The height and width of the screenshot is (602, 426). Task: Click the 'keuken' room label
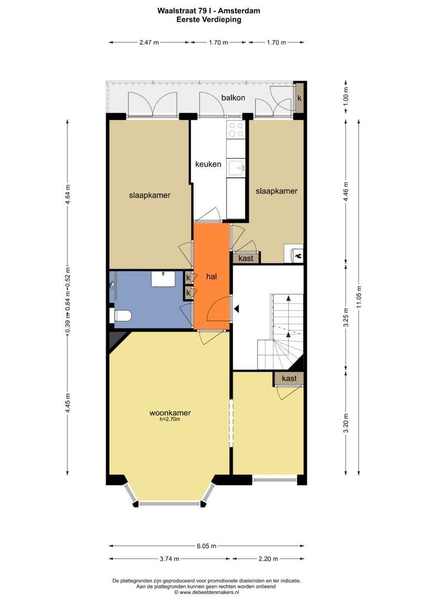tap(208, 164)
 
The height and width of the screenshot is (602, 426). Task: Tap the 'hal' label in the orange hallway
tap(212, 276)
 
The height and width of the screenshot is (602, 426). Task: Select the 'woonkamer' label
tap(170, 413)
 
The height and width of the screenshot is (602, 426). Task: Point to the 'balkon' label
tap(233, 98)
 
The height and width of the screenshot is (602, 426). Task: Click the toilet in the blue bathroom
tap(120, 315)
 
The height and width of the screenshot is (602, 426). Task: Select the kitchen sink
tap(235, 168)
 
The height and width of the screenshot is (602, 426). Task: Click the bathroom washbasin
tap(163, 278)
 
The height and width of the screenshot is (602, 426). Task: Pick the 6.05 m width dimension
tap(207, 546)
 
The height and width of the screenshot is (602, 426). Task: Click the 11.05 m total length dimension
tap(359, 297)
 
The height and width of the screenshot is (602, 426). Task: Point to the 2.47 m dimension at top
tap(149, 42)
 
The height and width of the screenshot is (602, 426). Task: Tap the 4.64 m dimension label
tap(67, 195)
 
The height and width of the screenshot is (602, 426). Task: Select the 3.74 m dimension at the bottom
tap(170, 559)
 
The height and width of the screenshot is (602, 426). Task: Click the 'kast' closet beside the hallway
tap(246, 258)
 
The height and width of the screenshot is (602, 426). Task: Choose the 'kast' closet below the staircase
tap(289, 378)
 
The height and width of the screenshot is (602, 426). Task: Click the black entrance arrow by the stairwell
tap(236, 308)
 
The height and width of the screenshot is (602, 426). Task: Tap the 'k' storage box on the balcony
tap(299, 98)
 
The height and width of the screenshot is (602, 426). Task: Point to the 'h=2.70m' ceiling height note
tap(170, 419)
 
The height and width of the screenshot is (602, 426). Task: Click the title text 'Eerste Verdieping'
tap(209, 20)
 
